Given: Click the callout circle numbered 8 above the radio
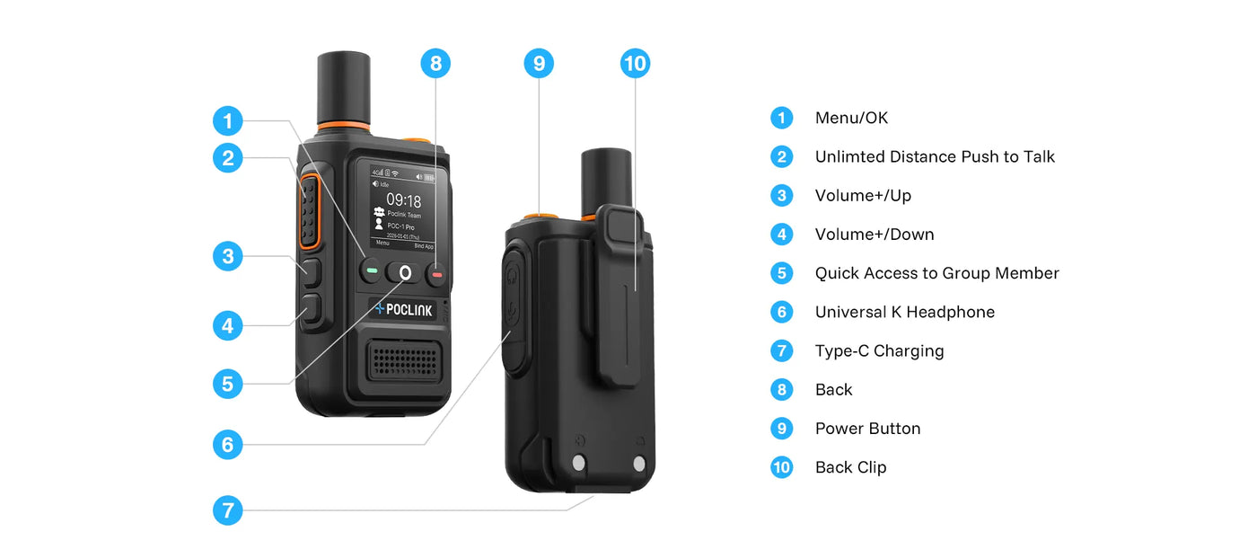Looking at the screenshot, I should tap(435, 64).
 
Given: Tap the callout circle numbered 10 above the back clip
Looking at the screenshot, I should tap(635, 64).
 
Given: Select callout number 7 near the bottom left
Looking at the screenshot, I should tap(228, 511).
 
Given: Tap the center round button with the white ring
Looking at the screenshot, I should tap(405, 272).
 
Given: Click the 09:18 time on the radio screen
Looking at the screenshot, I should tap(403, 200).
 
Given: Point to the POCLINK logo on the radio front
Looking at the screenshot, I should tap(403, 309).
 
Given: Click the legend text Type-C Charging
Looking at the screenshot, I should tap(879, 351).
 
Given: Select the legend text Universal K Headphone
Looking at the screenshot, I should tap(904, 313).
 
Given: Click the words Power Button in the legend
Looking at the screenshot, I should tap(867, 429).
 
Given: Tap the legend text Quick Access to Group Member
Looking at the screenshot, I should tap(936, 273).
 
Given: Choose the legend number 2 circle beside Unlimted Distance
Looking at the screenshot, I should tap(782, 157).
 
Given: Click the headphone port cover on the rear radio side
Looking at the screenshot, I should tap(513, 310).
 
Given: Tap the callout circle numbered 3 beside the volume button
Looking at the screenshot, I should tap(228, 256).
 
